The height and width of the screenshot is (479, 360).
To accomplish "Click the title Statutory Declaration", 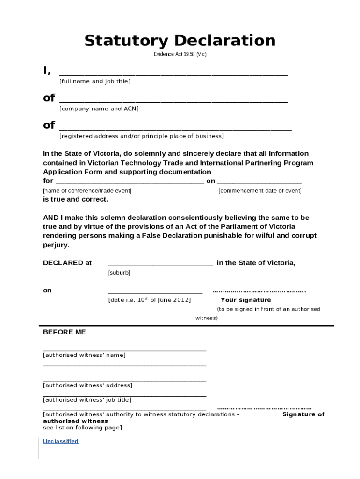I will (180, 41).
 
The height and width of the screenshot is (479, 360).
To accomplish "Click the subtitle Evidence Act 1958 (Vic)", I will (180, 54).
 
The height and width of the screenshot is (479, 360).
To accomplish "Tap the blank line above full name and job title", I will (173, 74).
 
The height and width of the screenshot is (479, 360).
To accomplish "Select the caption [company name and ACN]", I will (99, 109).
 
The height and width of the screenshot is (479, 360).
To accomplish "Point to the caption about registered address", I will (141, 136).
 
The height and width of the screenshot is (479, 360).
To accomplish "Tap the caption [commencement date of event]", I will (260, 191).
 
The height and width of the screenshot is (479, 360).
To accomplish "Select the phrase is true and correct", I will (76, 199).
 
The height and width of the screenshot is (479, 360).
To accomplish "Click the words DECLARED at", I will (67, 263).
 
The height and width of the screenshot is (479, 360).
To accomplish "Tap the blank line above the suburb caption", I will (160, 265).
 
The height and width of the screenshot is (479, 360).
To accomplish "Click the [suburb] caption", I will (119, 272).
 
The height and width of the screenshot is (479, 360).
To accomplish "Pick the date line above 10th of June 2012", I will (155, 293).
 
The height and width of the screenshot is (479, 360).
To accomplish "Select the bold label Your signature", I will (245, 300).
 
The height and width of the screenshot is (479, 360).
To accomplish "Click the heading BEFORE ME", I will (65, 332).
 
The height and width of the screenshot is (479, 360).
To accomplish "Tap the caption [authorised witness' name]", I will (84, 355).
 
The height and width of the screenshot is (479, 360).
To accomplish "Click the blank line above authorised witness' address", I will (124, 381).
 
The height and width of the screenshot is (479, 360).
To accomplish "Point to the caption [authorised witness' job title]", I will (87, 400).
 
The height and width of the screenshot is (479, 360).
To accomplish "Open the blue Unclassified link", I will (61, 441).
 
